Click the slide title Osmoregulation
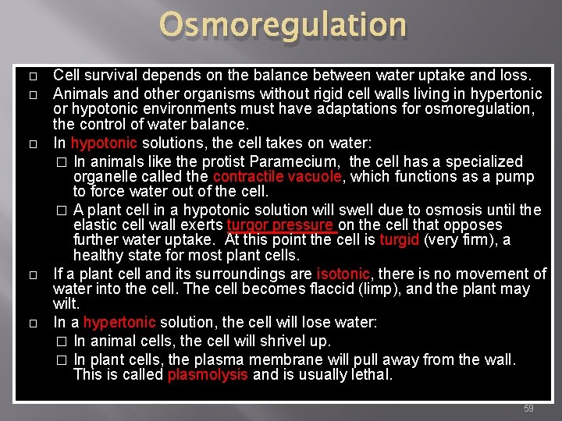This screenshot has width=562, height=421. point(283,25)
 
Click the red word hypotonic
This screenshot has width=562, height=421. point(104,143)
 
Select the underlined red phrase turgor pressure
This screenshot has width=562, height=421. point(280,226)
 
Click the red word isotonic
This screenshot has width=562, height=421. point(343,274)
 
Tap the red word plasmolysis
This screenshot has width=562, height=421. point(208,375)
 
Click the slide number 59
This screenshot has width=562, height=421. point(528,409)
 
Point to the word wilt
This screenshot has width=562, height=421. point(66,303)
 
